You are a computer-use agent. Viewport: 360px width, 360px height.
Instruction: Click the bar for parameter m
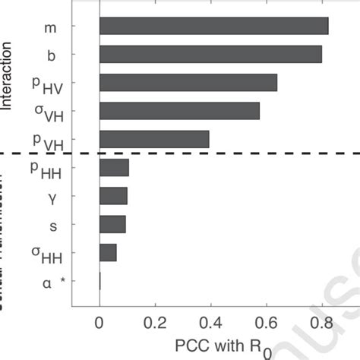click(213, 27)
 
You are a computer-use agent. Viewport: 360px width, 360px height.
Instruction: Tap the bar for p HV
click(188, 83)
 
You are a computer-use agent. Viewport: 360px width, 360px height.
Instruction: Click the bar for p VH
click(154, 139)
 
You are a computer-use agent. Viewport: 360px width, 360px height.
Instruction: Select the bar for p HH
click(114, 168)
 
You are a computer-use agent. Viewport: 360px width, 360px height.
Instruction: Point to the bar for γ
click(113, 196)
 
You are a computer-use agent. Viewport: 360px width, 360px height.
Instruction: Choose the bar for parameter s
click(112, 224)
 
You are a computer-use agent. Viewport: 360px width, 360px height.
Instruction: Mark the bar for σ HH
click(108, 252)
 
